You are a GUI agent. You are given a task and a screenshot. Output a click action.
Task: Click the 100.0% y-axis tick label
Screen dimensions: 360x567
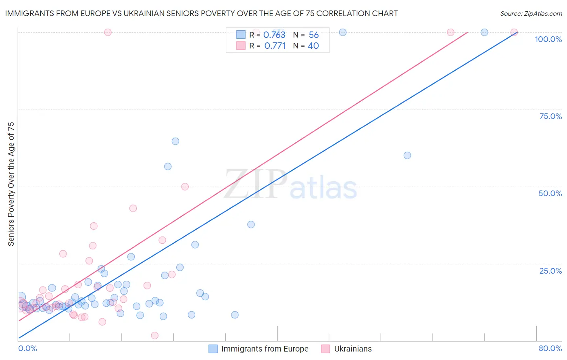(548, 39)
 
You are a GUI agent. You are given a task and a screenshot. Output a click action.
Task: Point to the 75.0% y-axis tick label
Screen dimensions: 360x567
(550, 116)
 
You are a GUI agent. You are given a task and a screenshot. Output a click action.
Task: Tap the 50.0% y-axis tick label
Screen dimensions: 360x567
(550, 193)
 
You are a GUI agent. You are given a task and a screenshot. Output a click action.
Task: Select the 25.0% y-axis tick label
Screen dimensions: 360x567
(550, 271)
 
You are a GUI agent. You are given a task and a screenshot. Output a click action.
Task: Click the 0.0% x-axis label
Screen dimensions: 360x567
(27, 348)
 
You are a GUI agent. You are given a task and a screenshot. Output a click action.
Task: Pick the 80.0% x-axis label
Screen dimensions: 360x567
(550, 348)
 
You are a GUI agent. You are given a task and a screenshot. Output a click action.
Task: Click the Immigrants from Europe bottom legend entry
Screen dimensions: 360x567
(265, 349)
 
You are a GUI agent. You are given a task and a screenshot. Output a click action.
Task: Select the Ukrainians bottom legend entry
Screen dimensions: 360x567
(353, 349)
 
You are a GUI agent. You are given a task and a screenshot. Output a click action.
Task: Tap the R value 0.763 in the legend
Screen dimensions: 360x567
(274, 35)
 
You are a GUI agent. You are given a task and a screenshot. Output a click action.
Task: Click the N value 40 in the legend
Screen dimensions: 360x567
(313, 46)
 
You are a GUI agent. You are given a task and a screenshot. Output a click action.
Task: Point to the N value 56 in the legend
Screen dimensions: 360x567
(314, 35)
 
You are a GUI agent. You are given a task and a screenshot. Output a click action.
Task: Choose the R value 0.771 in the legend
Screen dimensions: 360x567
(275, 46)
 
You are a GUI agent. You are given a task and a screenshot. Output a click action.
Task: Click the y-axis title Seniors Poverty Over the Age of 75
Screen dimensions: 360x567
(11, 184)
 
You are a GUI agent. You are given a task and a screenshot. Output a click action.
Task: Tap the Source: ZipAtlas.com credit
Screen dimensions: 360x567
(531, 13)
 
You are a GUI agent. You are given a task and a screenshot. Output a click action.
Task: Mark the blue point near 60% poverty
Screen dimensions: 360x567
(407, 155)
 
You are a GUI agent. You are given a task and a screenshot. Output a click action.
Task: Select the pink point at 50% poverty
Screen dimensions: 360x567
(185, 186)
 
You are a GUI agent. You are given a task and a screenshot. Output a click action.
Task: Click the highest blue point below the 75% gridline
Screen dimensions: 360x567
(175, 141)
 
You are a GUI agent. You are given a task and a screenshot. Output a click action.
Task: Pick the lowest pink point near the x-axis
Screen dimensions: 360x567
(154, 335)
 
